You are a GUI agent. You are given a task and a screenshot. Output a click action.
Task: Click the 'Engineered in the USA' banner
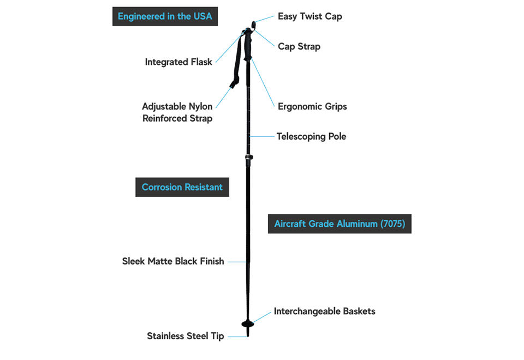(165, 16)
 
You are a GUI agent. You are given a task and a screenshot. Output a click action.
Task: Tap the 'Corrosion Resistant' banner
(182, 187)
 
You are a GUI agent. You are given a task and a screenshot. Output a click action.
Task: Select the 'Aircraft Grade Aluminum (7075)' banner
(340, 224)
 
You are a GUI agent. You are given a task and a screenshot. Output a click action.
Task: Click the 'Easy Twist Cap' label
(309, 16)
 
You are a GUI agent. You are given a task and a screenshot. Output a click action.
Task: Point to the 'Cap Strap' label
(299, 46)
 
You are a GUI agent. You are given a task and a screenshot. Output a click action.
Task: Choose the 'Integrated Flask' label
(178, 62)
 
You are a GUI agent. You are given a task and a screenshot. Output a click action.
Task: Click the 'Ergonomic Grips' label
(312, 106)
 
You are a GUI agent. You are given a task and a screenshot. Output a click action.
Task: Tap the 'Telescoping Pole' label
(311, 136)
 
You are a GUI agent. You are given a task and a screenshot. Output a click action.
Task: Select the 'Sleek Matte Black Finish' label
(173, 261)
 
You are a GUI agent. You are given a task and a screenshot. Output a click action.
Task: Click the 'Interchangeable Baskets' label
(324, 311)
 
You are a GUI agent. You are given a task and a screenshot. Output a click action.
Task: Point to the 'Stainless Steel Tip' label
(185, 336)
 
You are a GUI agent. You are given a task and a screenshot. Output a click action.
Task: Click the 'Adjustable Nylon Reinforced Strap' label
(177, 112)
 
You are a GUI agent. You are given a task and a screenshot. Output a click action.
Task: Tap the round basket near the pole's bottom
(248, 324)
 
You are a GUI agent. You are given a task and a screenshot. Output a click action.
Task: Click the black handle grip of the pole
(248, 46)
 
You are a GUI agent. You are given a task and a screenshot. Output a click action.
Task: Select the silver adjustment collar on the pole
(248, 159)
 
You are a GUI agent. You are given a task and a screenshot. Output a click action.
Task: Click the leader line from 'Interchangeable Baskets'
(263, 317)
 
